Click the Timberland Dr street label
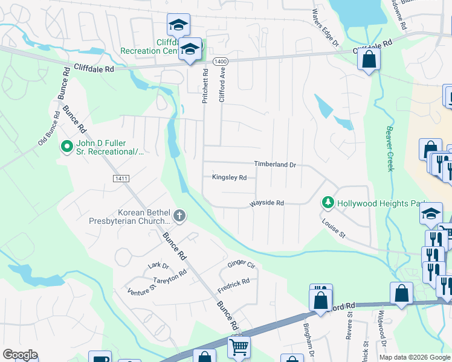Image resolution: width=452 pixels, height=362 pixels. (275, 164)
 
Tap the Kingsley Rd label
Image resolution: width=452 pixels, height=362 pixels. (229, 177)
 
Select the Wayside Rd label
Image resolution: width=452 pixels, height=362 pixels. (267, 204)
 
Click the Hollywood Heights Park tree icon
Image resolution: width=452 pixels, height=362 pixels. (328, 203)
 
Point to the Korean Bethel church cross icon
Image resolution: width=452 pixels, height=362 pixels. (179, 215)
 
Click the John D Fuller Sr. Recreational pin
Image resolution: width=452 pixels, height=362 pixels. (66, 146)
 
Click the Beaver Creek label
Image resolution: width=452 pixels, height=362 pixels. (390, 148)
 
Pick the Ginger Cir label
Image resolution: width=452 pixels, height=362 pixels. (242, 264)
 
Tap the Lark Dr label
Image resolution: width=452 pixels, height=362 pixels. (158, 265)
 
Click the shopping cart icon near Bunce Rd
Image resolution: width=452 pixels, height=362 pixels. (239, 346)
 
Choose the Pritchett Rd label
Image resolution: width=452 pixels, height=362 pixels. (205, 86)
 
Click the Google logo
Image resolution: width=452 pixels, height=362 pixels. (20, 355)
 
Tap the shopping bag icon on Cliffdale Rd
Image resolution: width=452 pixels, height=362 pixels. (368, 59)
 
